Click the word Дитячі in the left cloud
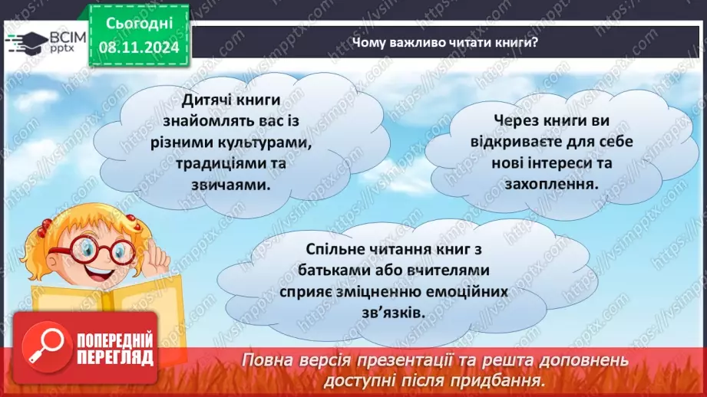pos(206,101)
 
